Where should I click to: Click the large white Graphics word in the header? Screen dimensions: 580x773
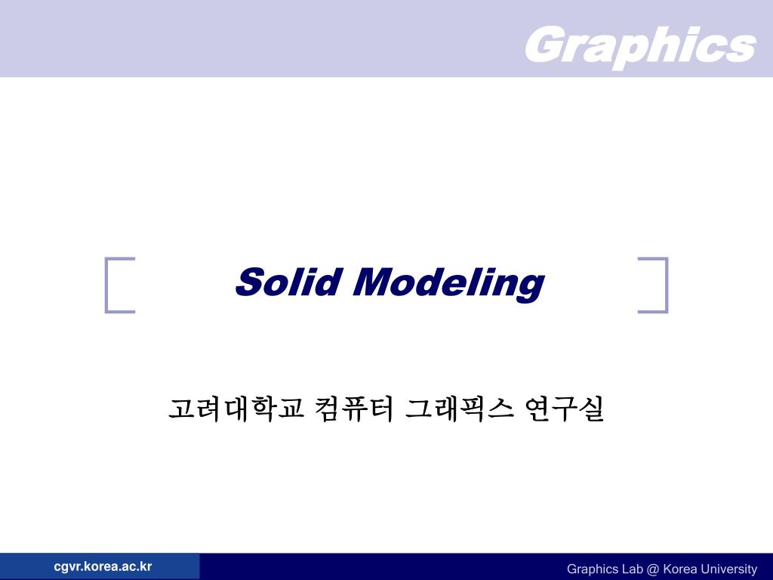click(x=639, y=45)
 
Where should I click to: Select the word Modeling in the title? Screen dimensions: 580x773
click(x=448, y=283)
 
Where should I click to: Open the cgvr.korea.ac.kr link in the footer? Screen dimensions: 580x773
click(x=103, y=566)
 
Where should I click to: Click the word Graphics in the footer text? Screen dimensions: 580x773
click(x=593, y=569)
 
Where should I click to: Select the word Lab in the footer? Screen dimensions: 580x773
click(x=633, y=569)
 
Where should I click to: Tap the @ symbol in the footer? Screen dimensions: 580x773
click(x=654, y=569)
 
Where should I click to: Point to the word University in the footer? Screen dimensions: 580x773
click(x=728, y=569)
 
